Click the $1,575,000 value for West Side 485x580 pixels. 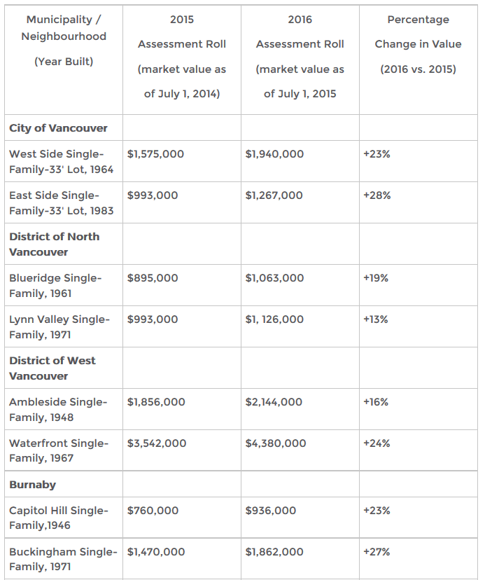[155, 154]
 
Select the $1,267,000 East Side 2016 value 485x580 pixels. [274, 195]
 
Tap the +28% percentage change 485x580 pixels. [377, 195]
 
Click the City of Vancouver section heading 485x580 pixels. [58, 128]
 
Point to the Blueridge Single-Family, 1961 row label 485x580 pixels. [55, 286]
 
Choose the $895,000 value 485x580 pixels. [153, 278]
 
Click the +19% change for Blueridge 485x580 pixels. [376, 278]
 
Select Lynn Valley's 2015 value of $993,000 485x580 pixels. [153, 319]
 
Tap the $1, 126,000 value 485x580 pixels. [274, 319]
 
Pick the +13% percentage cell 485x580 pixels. [376, 319]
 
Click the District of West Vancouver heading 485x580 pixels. [52, 368]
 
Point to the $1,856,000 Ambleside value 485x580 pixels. [156, 401]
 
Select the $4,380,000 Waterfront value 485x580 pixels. [276, 443]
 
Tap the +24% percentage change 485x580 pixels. [377, 443]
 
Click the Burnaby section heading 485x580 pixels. [32, 485]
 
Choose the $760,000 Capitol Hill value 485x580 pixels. [153, 511]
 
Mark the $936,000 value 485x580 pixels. [271, 511]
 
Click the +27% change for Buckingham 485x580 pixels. [377, 552]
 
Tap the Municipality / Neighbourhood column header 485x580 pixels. [64, 28]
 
